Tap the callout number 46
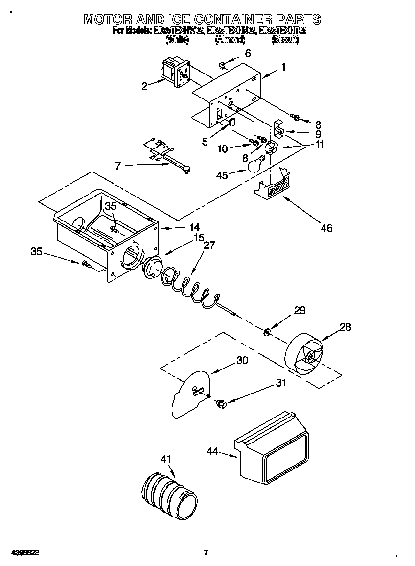326,228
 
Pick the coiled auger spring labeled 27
188,286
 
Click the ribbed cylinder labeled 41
169,494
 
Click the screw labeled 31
220,404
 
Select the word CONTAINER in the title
233,20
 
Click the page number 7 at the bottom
206,553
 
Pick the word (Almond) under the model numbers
230,40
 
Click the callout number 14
194,227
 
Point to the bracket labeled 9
279,130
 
